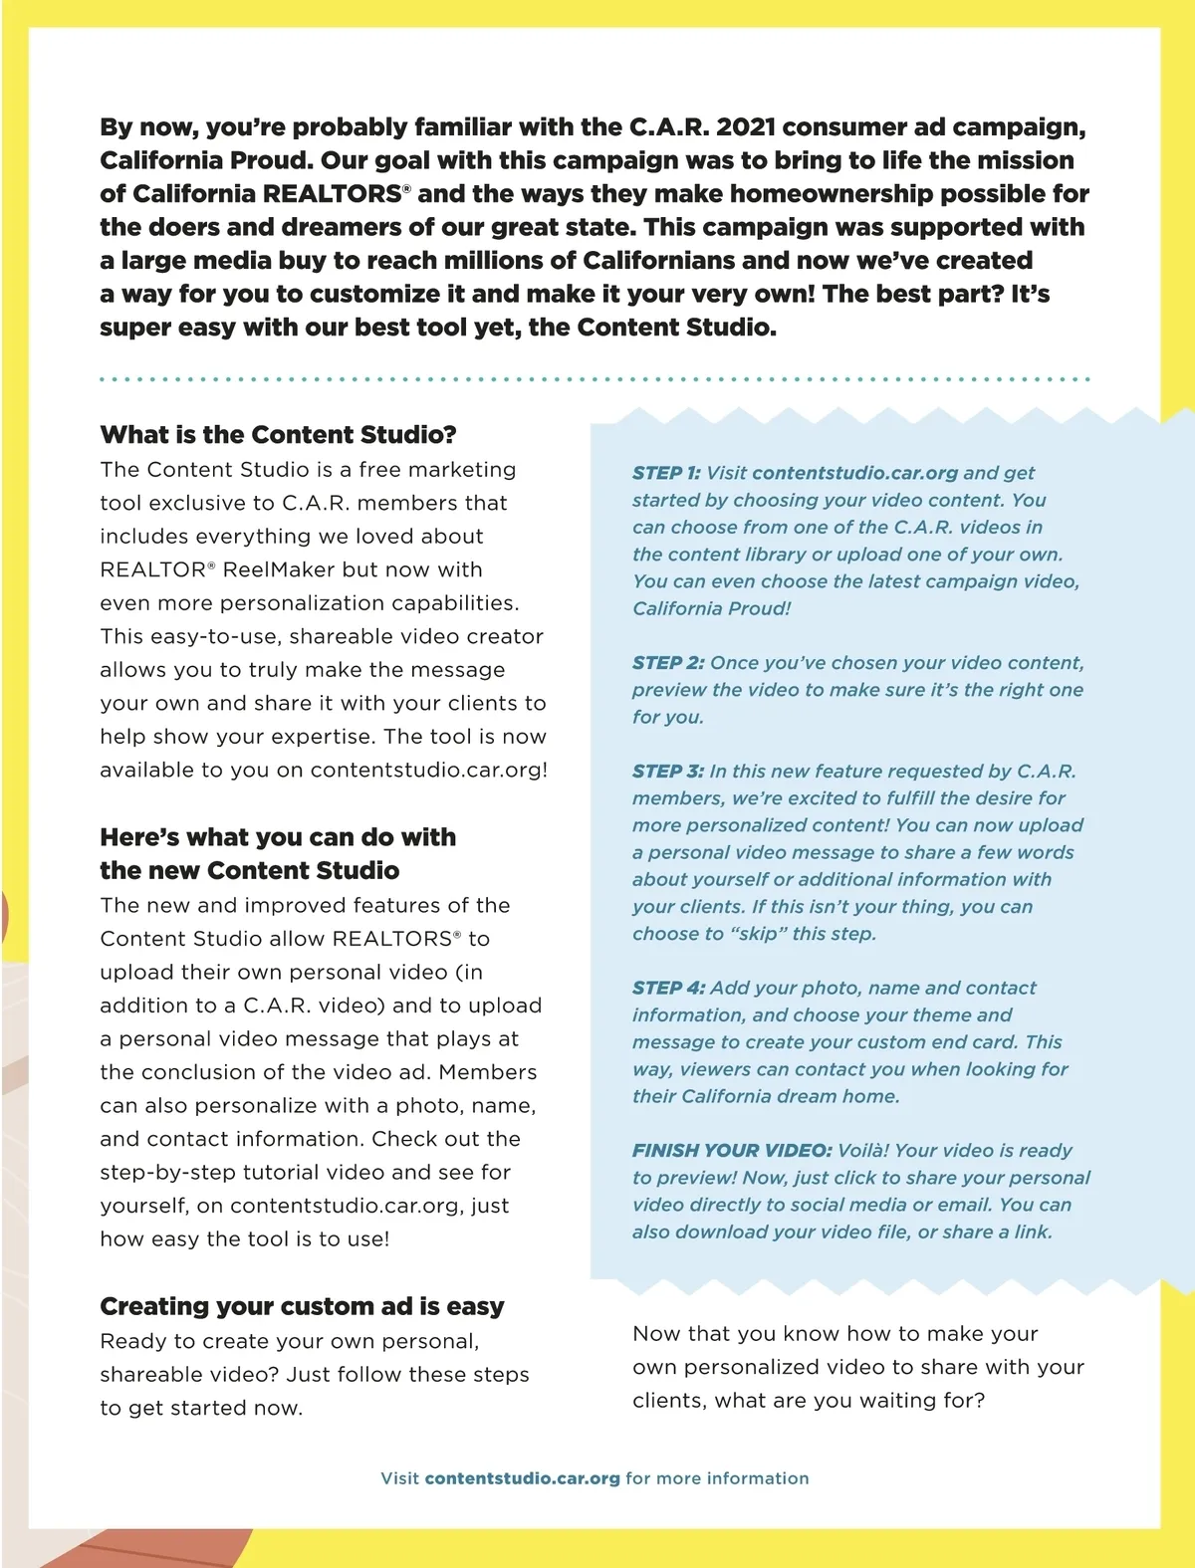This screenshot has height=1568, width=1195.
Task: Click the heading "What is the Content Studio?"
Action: point(278,435)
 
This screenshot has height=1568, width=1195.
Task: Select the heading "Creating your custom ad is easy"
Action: point(302,1306)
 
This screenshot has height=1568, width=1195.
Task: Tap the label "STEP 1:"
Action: point(666,473)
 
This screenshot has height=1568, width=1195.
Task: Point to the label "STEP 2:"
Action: point(668,663)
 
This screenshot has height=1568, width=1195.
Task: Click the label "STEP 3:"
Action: point(668,772)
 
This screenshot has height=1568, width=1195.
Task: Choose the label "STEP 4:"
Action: point(668,989)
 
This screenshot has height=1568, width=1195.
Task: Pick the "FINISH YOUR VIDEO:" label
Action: point(732,1151)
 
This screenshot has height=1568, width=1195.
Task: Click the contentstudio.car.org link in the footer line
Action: point(522,1478)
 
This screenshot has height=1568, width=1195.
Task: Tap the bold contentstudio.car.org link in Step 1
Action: point(855,473)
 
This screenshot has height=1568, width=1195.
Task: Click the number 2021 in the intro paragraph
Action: point(746,127)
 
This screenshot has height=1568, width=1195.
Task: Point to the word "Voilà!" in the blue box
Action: point(863,1151)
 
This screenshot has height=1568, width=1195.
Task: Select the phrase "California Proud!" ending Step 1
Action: point(712,609)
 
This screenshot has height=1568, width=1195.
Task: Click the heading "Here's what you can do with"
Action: point(278,837)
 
